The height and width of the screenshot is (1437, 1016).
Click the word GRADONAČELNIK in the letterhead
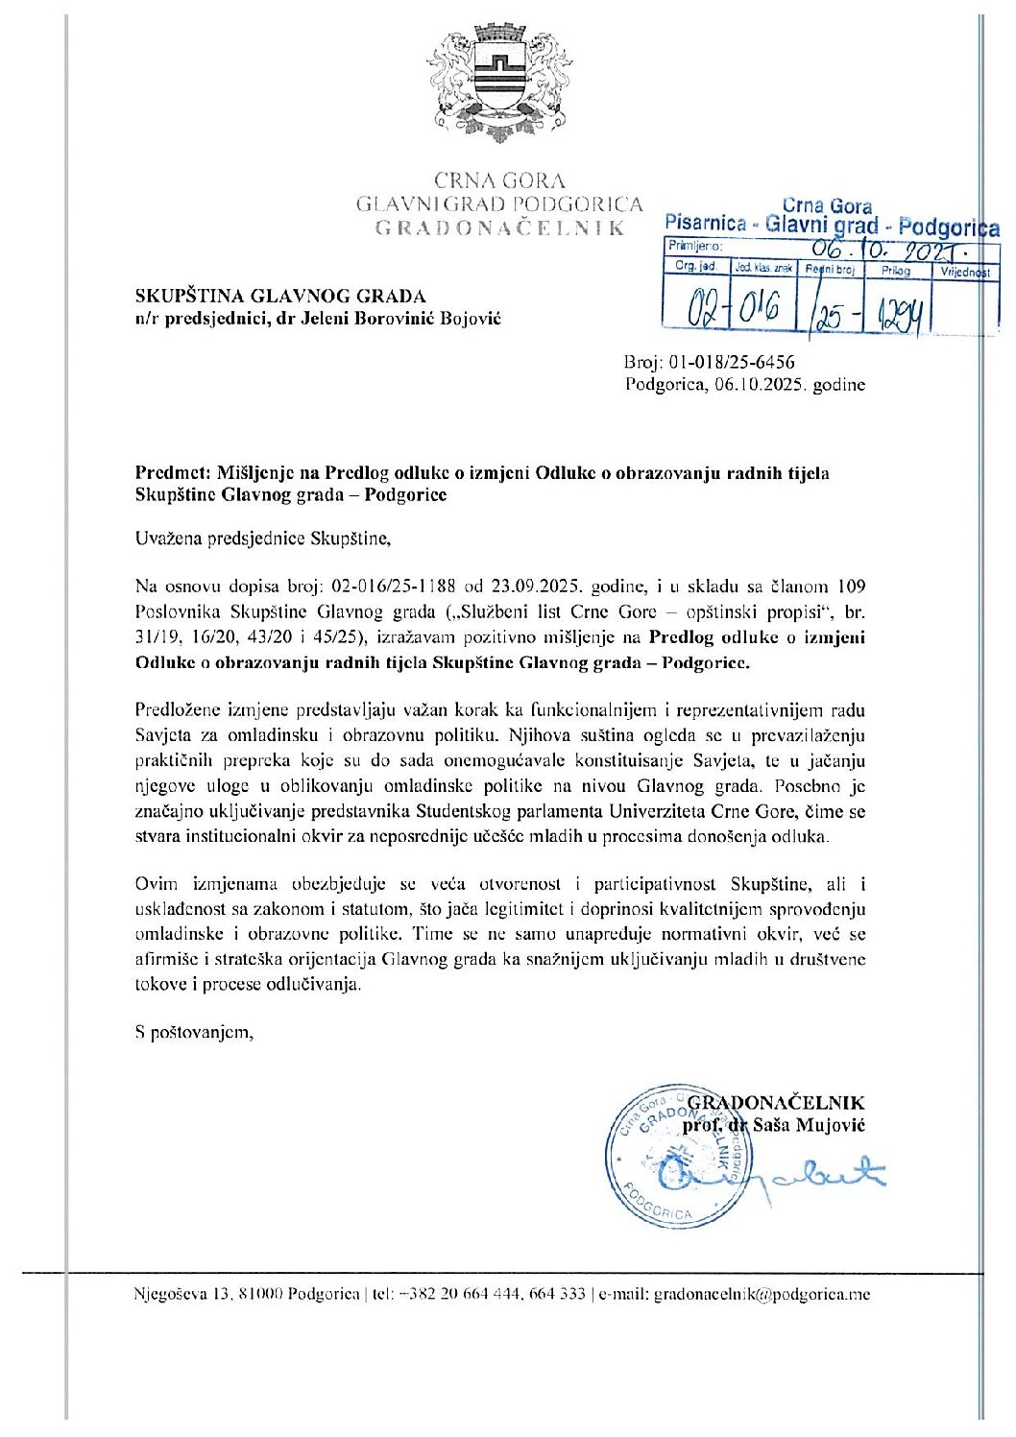(499, 228)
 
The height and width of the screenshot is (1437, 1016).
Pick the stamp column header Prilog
(895, 271)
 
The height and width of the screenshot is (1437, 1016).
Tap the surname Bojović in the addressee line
(471, 318)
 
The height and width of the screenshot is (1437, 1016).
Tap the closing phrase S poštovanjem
(194, 1033)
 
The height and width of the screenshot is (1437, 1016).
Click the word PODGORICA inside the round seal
(658, 1207)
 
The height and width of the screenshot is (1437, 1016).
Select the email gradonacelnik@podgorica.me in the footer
(762, 1294)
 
